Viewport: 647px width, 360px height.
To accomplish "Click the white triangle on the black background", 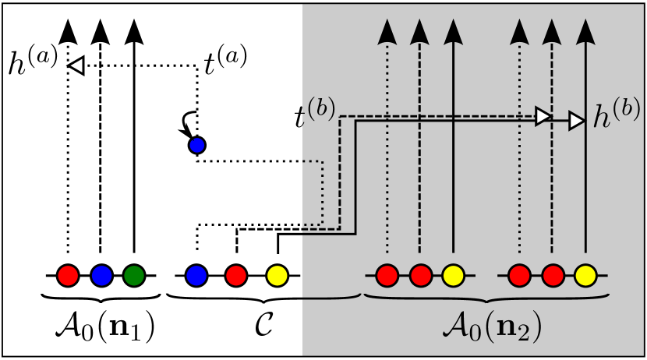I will [76, 66].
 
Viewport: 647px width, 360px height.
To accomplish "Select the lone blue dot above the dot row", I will [197, 145].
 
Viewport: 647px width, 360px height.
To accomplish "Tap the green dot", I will [134, 275].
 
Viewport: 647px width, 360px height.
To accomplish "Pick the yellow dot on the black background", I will [277, 275].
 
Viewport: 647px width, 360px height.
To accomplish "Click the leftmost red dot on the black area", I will [68, 275].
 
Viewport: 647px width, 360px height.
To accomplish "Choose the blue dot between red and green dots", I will [102, 275].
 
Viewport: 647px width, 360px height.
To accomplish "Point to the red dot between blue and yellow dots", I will [236, 275].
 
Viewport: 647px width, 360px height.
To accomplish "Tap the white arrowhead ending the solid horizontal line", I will [577, 121].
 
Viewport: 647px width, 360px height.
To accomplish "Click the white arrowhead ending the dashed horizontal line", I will [543, 116].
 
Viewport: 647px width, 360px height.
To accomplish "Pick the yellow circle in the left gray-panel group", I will [453, 275].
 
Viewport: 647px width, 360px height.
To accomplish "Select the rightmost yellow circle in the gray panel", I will [585, 275].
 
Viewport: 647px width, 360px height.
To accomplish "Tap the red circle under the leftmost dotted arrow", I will [387, 275].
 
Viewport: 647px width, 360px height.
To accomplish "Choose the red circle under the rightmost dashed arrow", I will [552, 275].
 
